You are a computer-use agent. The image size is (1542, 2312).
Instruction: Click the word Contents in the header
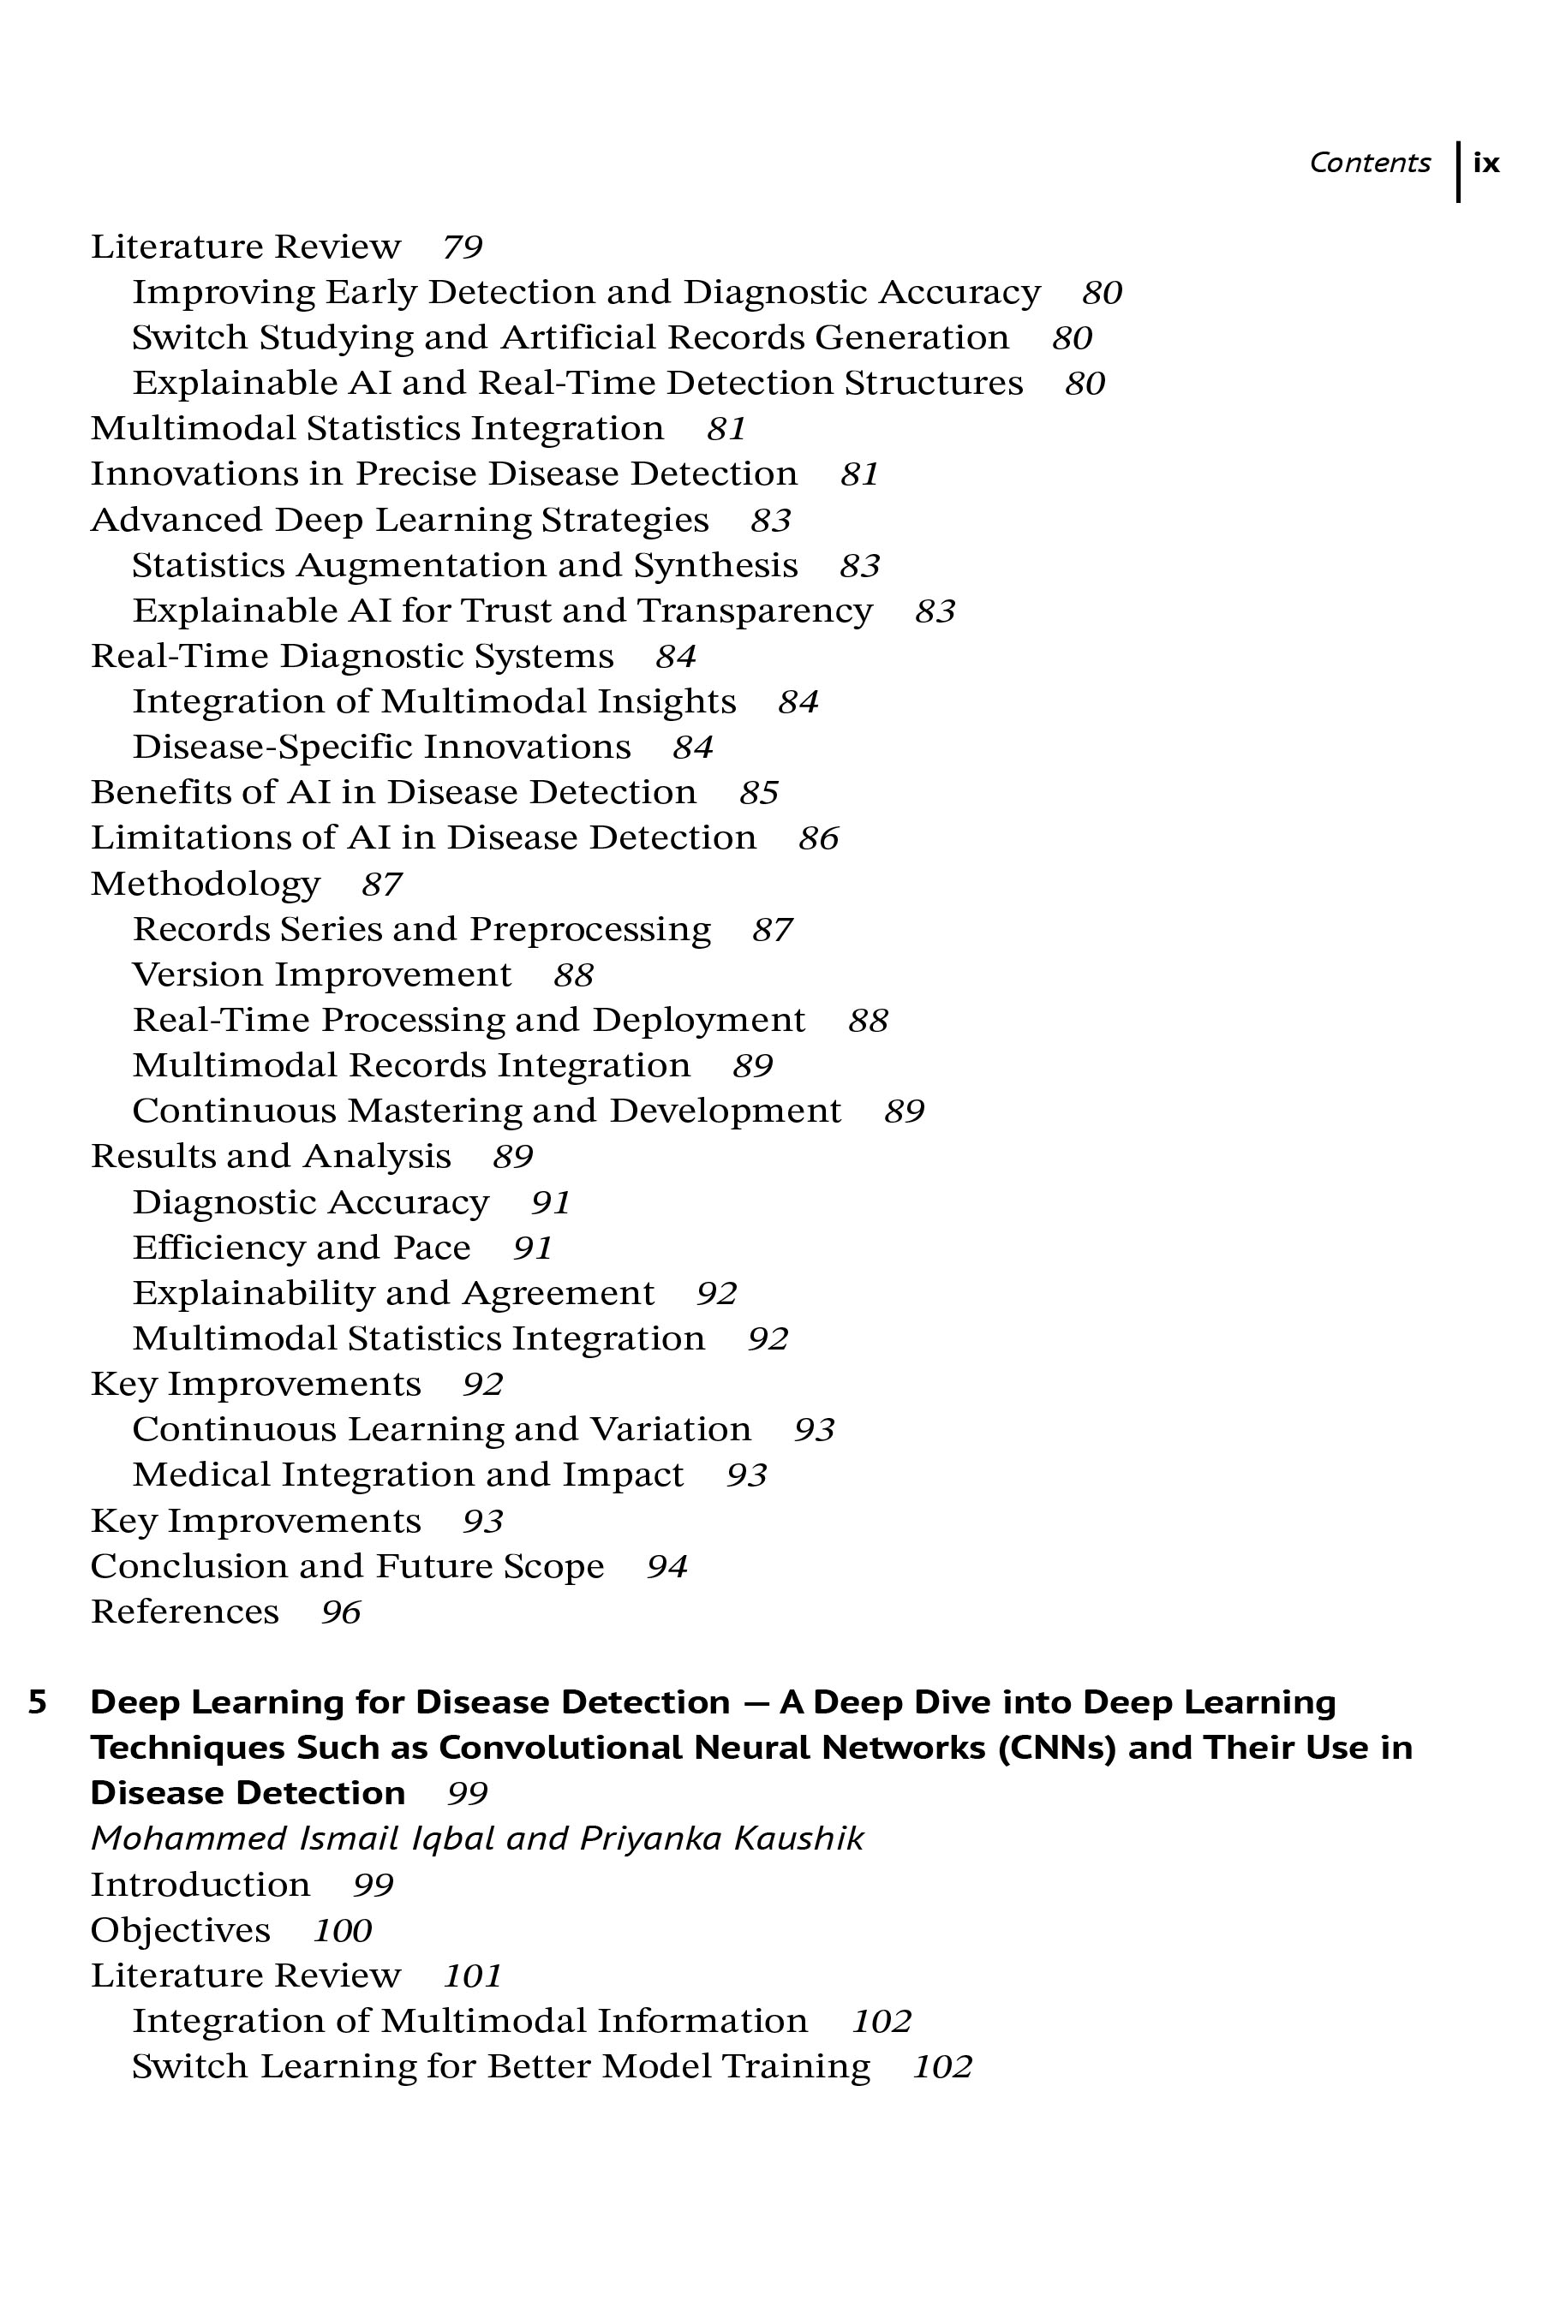pyautogui.click(x=1369, y=164)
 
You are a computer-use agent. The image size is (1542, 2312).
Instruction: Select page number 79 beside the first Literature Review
pyautogui.click(x=463, y=247)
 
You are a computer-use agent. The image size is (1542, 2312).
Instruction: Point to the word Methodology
pyautogui.click(x=206, y=884)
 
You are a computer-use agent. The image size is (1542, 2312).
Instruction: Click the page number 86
pyautogui.click(x=818, y=838)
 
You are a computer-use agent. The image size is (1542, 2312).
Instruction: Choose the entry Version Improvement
pyautogui.click(x=321, y=974)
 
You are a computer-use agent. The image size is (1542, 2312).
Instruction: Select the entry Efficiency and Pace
pyautogui.click(x=301, y=1248)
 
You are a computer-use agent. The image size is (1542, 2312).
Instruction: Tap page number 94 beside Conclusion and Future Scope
pyautogui.click(x=666, y=1566)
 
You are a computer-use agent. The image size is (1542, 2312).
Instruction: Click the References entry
pyautogui.click(x=185, y=1612)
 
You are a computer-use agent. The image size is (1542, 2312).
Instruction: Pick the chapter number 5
pyautogui.click(x=38, y=1702)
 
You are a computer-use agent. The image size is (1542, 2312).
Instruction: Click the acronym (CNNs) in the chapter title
pyautogui.click(x=1056, y=1748)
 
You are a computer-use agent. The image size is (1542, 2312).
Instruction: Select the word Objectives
pyautogui.click(x=180, y=1929)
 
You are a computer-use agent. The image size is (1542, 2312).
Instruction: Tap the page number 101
pyautogui.click(x=473, y=1975)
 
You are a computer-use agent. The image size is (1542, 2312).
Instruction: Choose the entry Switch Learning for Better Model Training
pyautogui.click(x=500, y=2066)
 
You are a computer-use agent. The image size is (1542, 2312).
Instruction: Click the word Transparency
pyautogui.click(x=754, y=611)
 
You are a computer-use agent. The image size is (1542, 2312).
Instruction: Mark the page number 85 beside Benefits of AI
pyautogui.click(x=759, y=792)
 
